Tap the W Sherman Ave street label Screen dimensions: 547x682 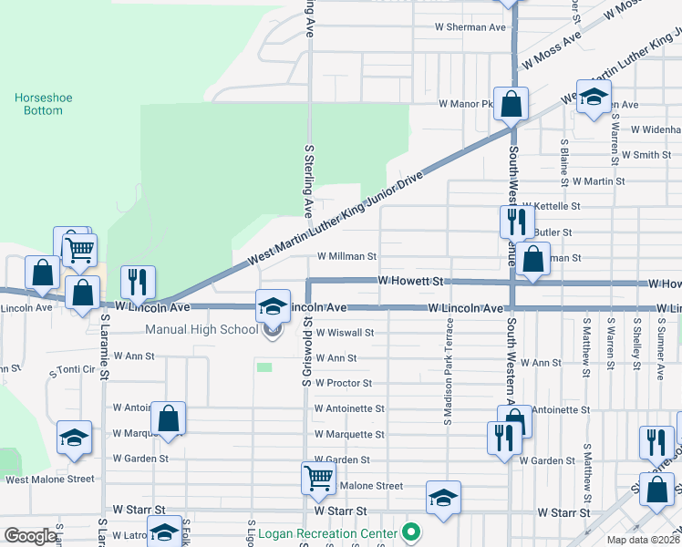tap(471, 27)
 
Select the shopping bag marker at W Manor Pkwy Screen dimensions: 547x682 tap(511, 105)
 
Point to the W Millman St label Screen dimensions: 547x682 tap(346, 257)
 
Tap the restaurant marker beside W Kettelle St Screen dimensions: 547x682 tap(516, 222)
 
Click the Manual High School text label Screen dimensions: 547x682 tap(201, 329)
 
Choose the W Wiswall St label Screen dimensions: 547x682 tap(345, 334)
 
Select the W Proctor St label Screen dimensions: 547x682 tap(343, 384)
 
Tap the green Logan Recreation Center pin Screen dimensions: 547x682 tap(411, 532)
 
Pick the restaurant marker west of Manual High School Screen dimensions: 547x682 tap(138, 283)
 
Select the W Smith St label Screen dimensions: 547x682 tap(644, 155)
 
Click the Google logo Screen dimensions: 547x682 tap(31, 536)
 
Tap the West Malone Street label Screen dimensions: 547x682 tap(49, 479)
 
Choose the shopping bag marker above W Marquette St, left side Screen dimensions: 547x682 tap(168, 418)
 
